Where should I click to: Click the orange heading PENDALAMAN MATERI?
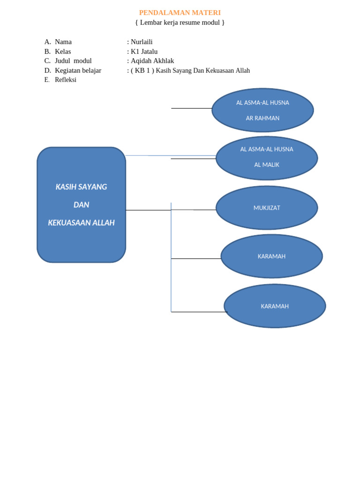pos(180,13)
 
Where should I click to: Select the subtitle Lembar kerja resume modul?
pos(180,22)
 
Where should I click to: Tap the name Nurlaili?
pos(142,42)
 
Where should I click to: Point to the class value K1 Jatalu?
pos(144,52)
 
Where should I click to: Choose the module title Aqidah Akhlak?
pos(152,61)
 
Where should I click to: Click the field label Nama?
pos(63,42)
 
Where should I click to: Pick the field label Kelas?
pos(63,52)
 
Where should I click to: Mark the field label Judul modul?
pos(73,61)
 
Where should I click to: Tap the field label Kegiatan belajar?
pos(78,70)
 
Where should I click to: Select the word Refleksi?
pos(66,80)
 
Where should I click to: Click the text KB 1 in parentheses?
pos(142,70)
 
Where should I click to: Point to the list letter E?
pos(47,80)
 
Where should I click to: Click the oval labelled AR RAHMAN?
pos(262,111)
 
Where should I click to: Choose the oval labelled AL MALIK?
pos(267,158)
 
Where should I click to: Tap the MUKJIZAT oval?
pos(267,208)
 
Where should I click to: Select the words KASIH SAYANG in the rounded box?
pos(81,187)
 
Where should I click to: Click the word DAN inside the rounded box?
pos(81,205)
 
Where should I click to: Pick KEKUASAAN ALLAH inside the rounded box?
pos(81,223)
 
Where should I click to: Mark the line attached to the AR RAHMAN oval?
pos(191,108)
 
